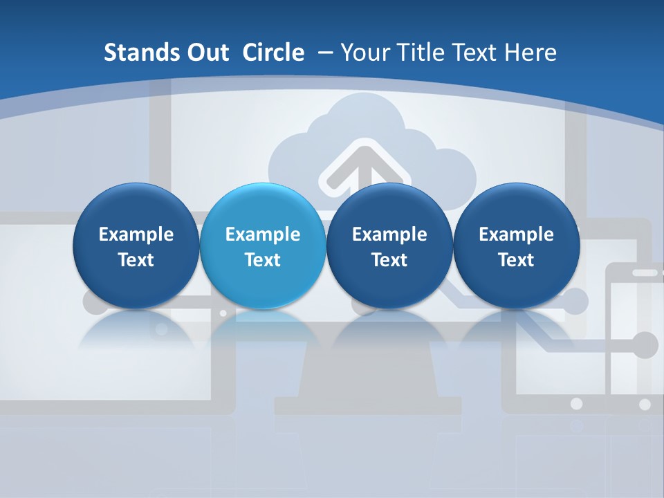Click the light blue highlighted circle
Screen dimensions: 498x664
(x=263, y=246)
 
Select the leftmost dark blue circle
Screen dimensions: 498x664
(x=136, y=246)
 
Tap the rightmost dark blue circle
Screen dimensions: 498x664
(x=516, y=246)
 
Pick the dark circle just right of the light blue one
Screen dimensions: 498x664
(x=389, y=246)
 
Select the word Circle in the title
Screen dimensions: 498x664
(x=273, y=53)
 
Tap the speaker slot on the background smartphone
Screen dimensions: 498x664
(x=645, y=273)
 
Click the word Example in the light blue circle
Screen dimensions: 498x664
(x=263, y=234)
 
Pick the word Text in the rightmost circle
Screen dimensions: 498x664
(x=516, y=260)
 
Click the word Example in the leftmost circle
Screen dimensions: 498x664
(x=136, y=234)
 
